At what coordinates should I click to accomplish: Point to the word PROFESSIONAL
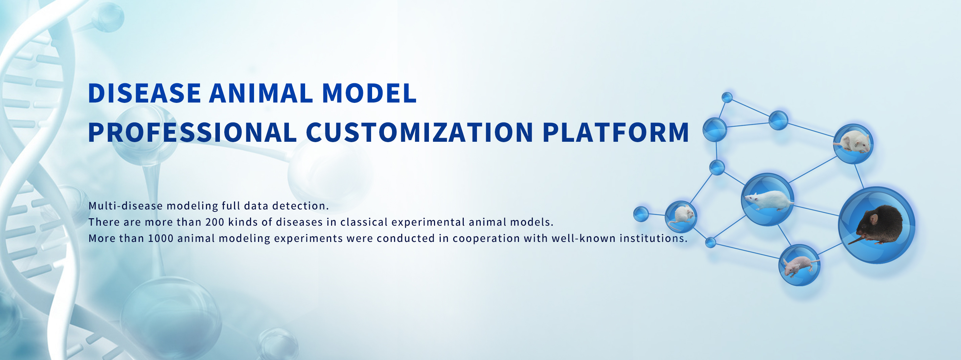(192, 132)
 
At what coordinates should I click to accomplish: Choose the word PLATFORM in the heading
(616, 132)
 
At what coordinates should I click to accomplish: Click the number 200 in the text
(215, 222)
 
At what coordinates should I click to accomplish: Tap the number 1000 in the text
(161, 238)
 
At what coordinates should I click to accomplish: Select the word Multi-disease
(126, 206)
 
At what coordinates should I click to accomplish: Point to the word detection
(300, 206)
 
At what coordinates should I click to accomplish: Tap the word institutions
(654, 238)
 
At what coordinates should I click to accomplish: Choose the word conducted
(406, 238)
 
